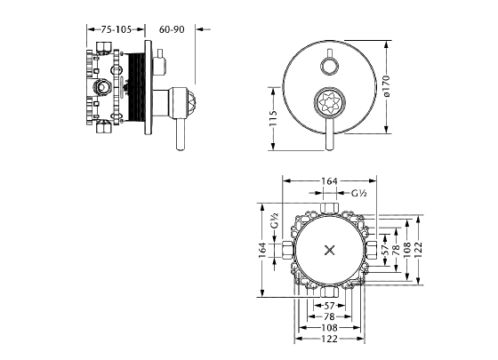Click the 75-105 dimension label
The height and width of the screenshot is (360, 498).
116,29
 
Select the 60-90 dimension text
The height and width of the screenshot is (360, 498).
172,29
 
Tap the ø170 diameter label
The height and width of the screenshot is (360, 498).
386,85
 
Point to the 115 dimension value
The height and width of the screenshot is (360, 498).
273,118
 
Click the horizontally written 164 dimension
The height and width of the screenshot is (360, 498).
329,181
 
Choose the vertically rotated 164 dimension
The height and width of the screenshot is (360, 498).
262,250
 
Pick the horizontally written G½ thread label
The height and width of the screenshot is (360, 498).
359,193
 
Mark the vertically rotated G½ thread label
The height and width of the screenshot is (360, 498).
275,220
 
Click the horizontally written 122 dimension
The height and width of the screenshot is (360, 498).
329,339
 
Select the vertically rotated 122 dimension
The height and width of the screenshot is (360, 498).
418,250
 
